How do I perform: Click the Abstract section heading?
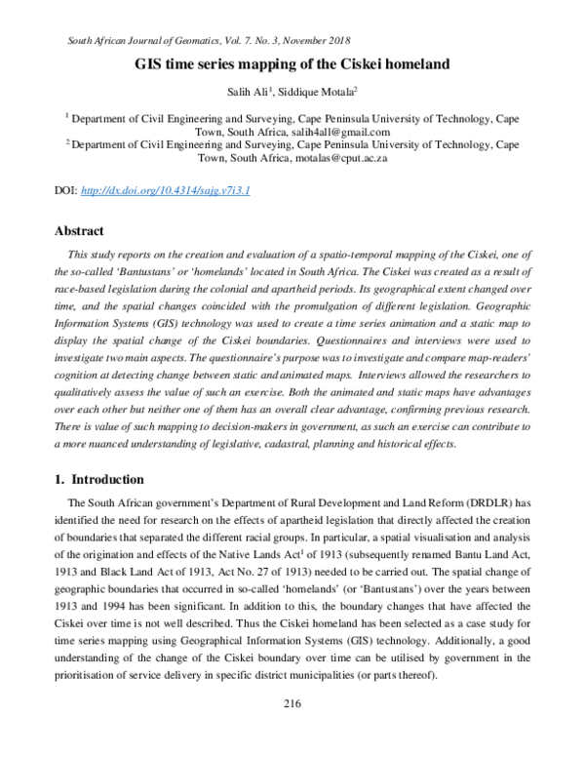coord(79,231)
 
